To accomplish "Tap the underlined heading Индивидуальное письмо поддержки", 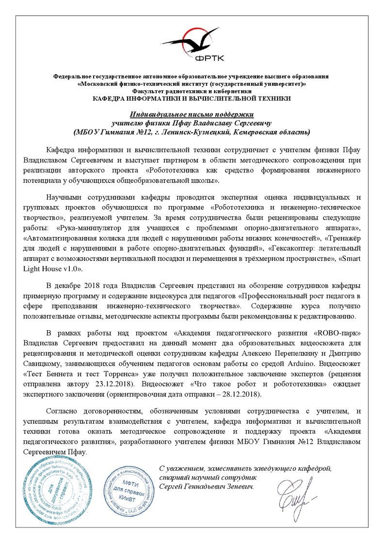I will (x=192, y=115).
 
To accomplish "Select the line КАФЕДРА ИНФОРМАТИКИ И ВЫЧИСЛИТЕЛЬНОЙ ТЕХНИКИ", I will (x=192, y=98).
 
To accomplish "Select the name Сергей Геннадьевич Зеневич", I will (x=207, y=486).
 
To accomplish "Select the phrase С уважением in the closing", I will (x=180, y=468).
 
